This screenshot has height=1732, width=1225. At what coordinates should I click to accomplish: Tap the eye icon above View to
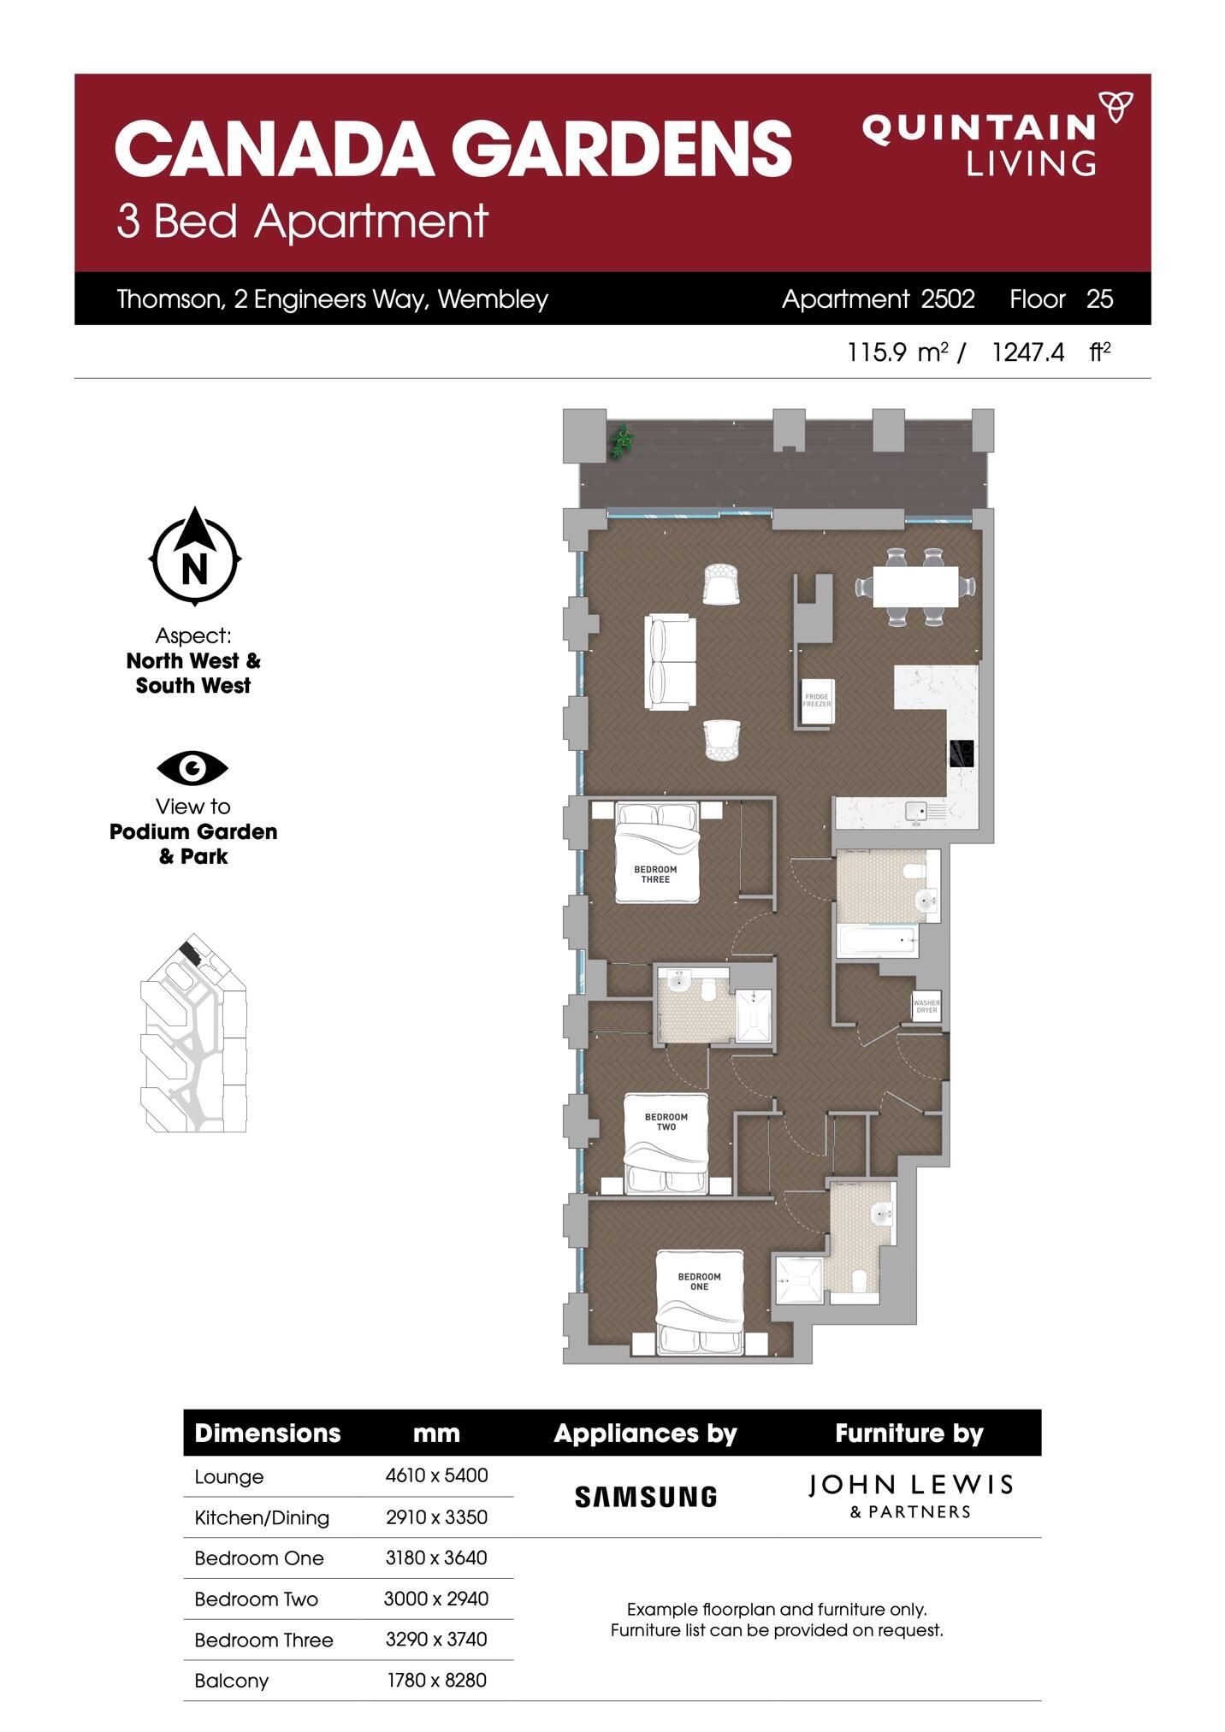(192, 768)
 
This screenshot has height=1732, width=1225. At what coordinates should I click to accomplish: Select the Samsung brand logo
(645, 1496)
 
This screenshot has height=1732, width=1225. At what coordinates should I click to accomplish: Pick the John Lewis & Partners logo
(910, 1496)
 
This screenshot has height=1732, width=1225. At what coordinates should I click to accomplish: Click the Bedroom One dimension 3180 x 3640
(436, 1558)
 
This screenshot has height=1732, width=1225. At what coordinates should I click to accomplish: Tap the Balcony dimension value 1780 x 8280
(436, 1680)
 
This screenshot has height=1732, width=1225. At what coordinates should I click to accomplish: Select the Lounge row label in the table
(229, 1476)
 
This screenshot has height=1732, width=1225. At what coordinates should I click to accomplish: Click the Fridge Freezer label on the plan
(817, 700)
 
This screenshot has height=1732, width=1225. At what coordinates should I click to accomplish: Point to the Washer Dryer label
(926, 1006)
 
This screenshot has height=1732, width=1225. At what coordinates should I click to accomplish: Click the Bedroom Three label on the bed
(655, 874)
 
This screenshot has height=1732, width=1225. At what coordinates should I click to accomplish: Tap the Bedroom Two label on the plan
(666, 1121)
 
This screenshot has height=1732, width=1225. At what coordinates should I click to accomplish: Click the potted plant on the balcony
(622, 441)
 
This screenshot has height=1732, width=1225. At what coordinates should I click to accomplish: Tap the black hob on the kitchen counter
(960, 754)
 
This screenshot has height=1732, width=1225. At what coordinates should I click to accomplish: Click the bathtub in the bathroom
(878, 942)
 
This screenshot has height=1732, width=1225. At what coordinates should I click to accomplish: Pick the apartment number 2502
(948, 299)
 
